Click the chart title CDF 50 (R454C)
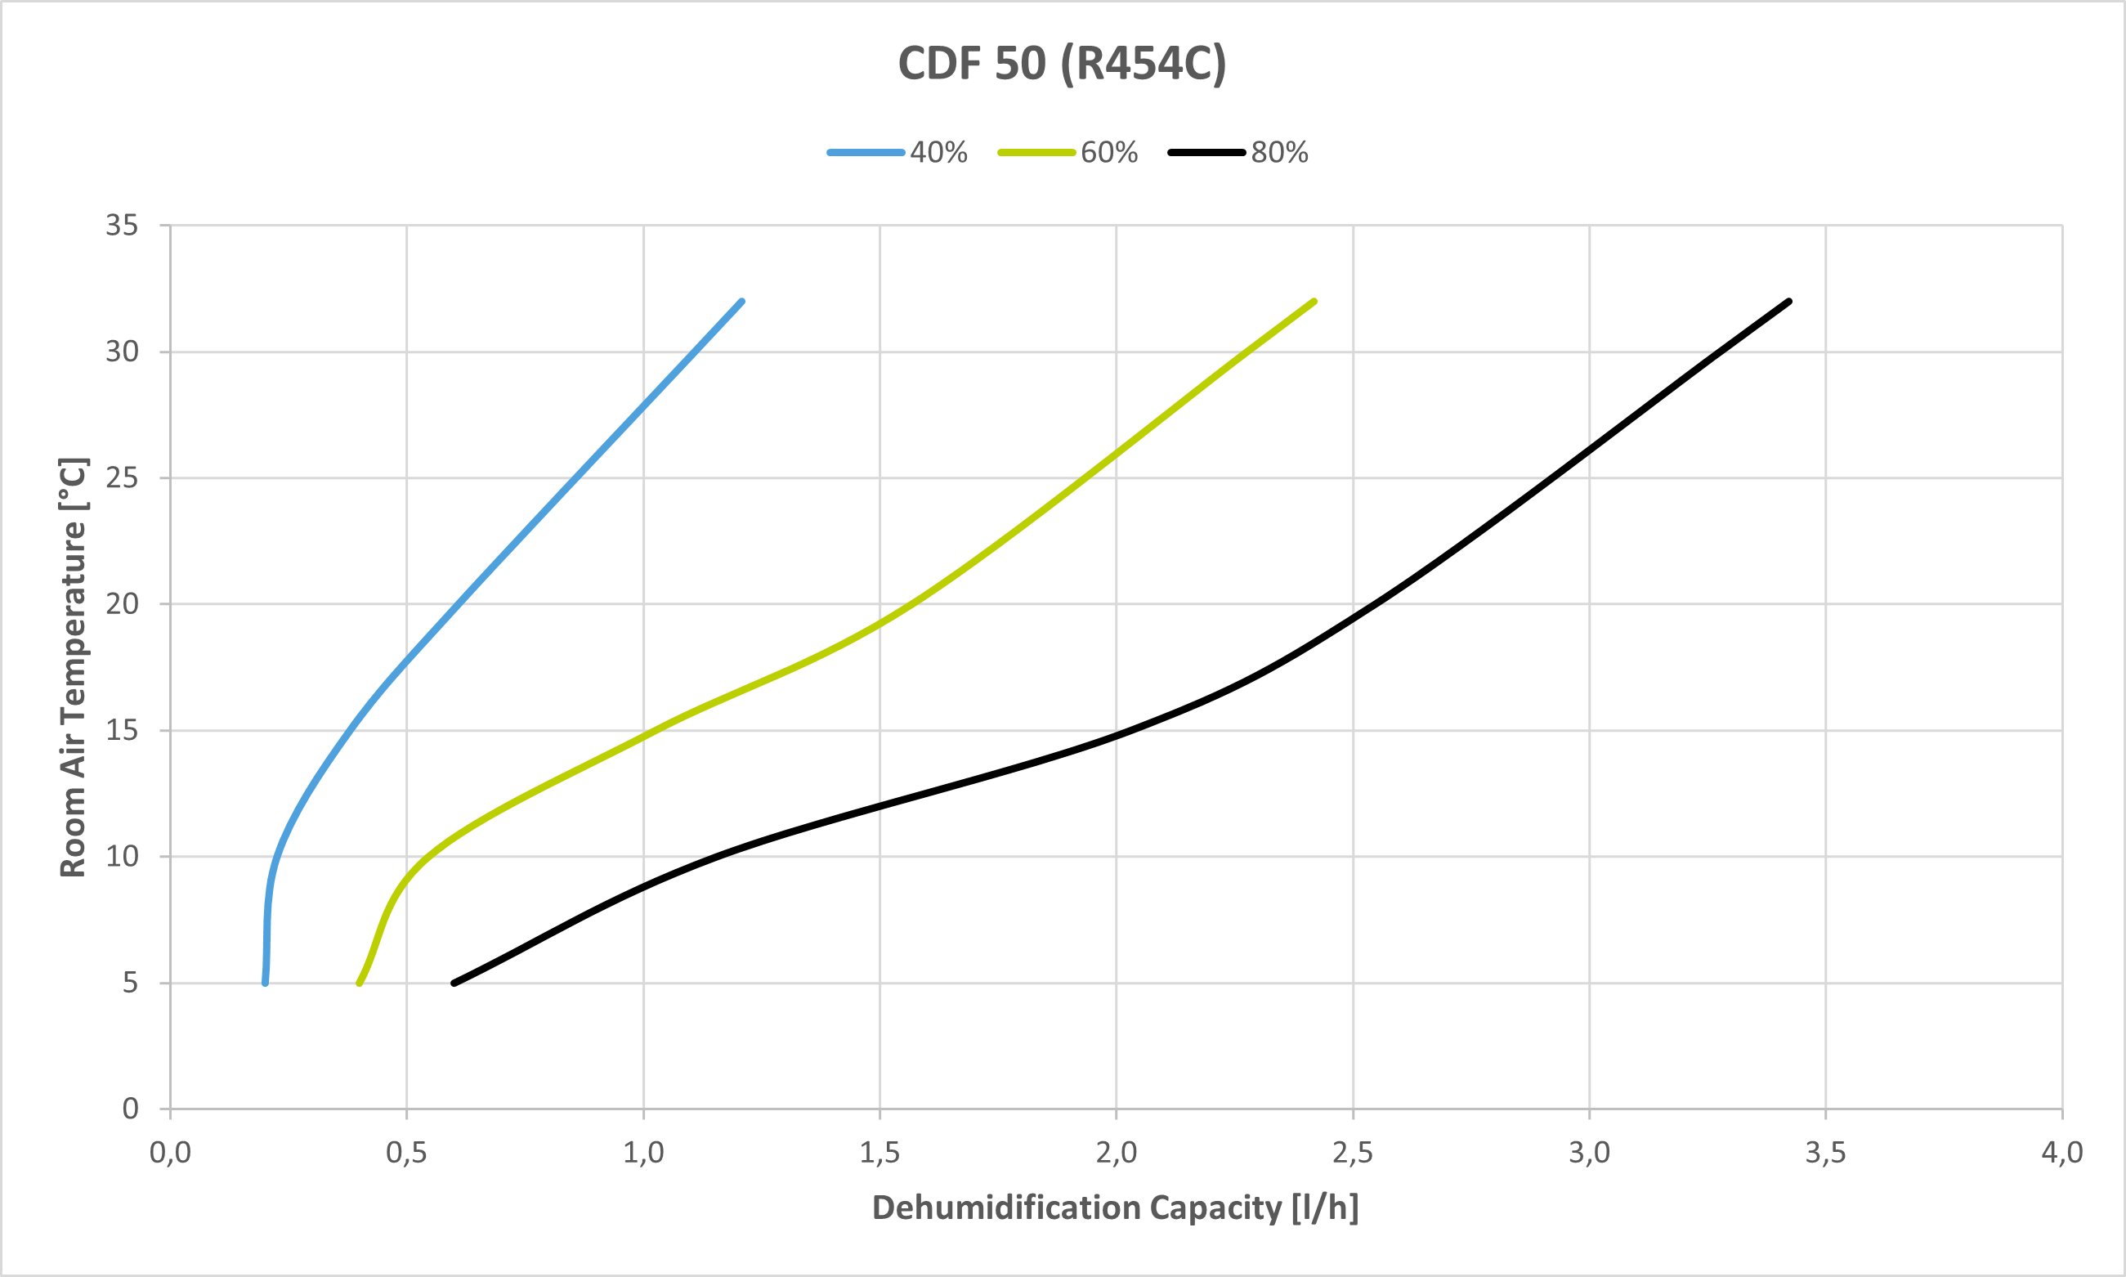[1062, 64]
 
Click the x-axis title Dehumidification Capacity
[1115, 1208]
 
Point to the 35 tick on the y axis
[122, 226]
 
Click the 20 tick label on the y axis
[122, 604]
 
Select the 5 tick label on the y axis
[130, 983]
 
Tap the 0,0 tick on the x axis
[170, 1152]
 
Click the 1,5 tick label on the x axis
[879, 1152]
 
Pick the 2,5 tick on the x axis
[1353, 1152]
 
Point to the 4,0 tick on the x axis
[2061, 1152]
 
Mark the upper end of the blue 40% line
[741, 302]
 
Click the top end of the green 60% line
[1314, 302]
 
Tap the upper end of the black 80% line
[1788, 302]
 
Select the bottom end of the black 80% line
[454, 983]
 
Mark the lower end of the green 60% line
[359, 983]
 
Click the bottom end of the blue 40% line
[265, 983]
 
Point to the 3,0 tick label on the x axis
[1589, 1152]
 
